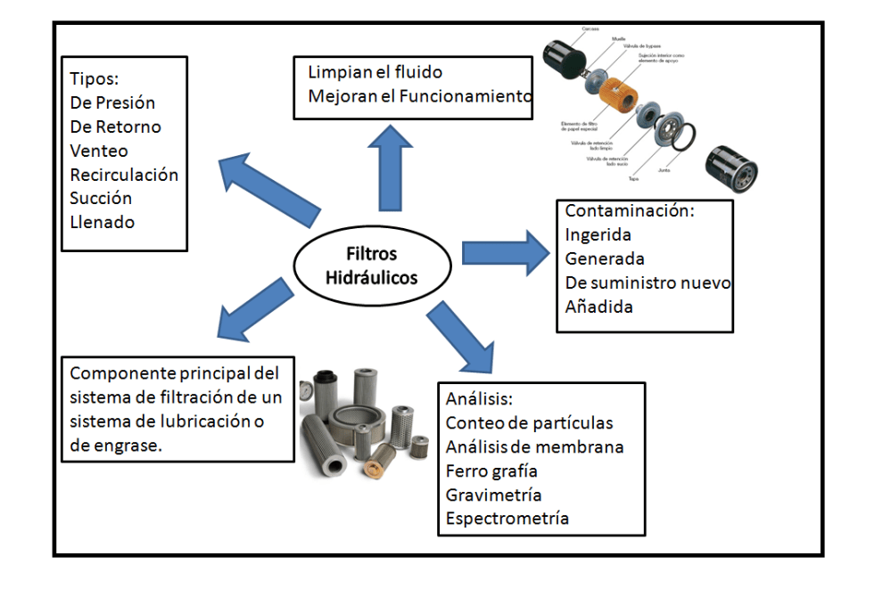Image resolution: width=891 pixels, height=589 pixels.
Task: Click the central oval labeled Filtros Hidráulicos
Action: tap(371, 266)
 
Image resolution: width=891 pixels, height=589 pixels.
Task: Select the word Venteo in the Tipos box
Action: tap(99, 151)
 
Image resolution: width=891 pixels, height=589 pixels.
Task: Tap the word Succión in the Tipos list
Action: tap(101, 198)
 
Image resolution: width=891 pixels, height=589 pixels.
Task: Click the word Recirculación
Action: tap(124, 175)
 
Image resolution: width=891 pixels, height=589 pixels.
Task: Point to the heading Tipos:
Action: tap(95, 78)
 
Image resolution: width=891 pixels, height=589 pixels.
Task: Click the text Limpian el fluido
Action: tap(375, 72)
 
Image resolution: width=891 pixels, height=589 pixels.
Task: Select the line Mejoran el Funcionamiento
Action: tap(419, 95)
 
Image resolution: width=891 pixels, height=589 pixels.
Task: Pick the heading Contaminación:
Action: tap(630, 212)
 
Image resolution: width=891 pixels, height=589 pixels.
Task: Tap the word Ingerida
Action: tap(598, 235)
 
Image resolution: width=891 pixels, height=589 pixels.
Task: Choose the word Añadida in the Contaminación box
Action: tap(599, 307)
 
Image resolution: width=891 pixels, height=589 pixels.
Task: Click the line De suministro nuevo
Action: tap(648, 283)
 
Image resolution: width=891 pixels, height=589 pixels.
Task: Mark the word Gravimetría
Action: tap(494, 495)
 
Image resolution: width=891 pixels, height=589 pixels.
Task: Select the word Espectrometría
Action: tap(507, 519)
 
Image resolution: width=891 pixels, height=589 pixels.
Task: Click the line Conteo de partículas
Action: tap(530, 422)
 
